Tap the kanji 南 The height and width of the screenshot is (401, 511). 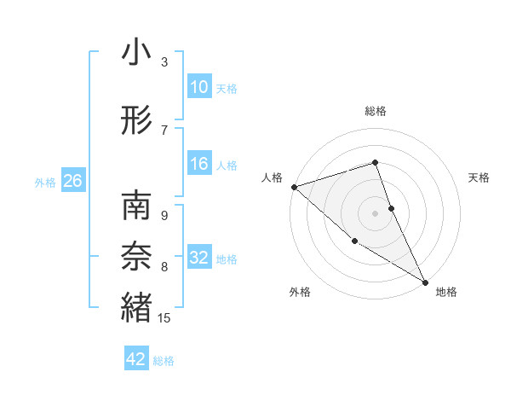[x=136, y=206]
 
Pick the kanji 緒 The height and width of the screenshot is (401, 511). [x=136, y=305]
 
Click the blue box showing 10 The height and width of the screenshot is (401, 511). [x=198, y=87]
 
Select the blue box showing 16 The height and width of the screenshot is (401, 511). [x=198, y=165]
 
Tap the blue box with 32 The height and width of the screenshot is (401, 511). [x=198, y=259]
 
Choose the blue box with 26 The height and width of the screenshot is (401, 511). [x=72, y=181]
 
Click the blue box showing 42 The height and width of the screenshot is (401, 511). [x=136, y=359]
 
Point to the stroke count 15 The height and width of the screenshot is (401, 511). [x=165, y=318]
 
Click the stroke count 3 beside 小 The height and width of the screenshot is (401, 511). [x=164, y=62]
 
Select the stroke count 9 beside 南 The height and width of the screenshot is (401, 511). [x=164, y=215]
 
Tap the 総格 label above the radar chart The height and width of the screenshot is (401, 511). [x=375, y=111]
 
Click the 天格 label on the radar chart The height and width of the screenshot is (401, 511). [x=479, y=177]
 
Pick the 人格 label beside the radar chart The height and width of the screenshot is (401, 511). [x=272, y=177]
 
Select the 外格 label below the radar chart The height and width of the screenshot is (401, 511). [x=300, y=292]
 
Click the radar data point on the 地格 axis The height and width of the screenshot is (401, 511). [x=425, y=282]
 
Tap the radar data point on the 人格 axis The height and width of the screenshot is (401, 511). [x=294, y=186]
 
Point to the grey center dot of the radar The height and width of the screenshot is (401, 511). [x=375, y=212]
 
